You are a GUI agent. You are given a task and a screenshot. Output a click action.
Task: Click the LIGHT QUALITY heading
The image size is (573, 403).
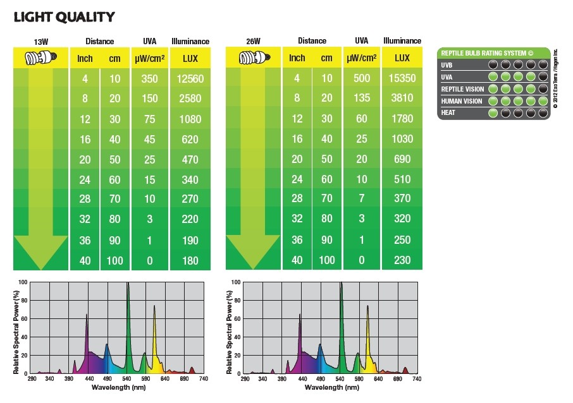point(65,17)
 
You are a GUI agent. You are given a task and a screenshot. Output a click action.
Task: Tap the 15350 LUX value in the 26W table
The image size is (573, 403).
point(402,78)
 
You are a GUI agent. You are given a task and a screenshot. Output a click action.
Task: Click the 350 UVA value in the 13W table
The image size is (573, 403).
point(150,79)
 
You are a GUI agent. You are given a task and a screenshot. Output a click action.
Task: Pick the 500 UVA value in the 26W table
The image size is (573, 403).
point(362,78)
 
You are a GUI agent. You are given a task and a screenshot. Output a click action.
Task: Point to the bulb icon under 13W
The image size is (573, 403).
point(40,59)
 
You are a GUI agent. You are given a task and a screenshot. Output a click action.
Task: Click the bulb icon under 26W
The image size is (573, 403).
point(252,59)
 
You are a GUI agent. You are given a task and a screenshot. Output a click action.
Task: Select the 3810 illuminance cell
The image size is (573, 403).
point(402,99)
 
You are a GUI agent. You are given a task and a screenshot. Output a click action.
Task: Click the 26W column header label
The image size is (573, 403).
point(252,42)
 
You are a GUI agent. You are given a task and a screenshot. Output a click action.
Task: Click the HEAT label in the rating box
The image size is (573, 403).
point(448,112)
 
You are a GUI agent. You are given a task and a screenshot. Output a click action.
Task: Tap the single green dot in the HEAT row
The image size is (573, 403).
point(493,113)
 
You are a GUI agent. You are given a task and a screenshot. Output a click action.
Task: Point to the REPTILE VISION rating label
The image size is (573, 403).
point(462,89)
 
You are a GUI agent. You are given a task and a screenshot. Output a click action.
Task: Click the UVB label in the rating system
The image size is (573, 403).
point(447,65)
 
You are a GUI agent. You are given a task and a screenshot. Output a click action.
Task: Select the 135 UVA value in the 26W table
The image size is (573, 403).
point(362,99)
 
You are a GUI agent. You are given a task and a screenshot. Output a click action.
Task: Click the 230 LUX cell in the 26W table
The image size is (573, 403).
point(402,260)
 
